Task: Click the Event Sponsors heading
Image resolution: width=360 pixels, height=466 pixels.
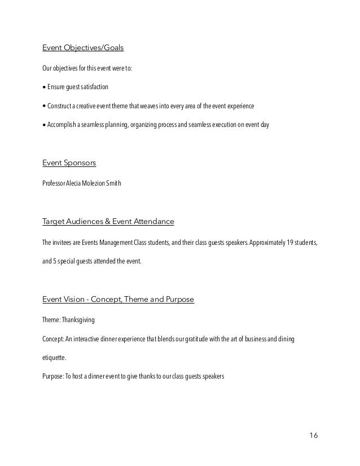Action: (69, 163)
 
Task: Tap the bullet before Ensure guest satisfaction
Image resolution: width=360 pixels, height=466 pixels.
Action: (45, 89)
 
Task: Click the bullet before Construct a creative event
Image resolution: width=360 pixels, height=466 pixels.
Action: (45, 106)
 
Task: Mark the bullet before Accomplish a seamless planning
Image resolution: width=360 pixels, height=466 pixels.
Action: (45, 125)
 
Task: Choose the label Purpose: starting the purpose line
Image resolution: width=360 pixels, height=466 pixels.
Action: (53, 375)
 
